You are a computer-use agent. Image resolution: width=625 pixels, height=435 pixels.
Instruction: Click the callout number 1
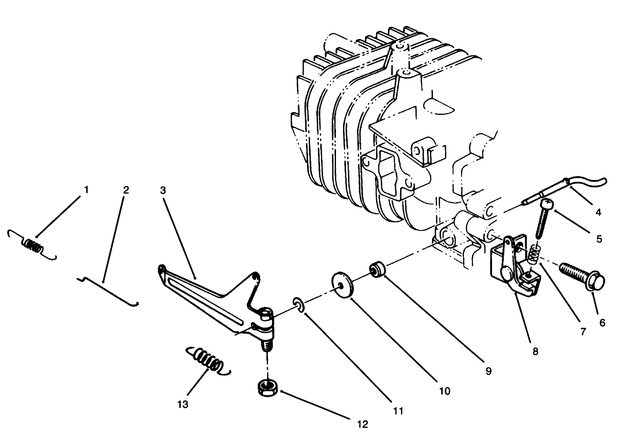(x=86, y=190)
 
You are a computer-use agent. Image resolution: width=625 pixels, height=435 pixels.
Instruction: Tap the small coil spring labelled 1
(x=32, y=245)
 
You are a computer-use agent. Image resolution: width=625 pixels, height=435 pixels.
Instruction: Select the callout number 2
(x=126, y=190)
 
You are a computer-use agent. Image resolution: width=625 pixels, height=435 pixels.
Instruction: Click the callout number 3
(x=163, y=190)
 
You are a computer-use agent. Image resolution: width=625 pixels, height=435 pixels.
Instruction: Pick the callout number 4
(x=598, y=212)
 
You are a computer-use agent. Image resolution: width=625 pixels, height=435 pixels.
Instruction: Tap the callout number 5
(x=599, y=239)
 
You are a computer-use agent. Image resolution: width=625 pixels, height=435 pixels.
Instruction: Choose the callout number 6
(x=602, y=323)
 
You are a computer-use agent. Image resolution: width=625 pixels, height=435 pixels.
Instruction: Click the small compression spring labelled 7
(x=534, y=254)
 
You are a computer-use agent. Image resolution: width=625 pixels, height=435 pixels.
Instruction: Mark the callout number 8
(x=535, y=352)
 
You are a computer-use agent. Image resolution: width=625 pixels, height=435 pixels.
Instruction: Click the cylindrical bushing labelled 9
(x=378, y=269)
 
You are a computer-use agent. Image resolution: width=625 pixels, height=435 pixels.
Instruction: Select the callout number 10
(x=445, y=391)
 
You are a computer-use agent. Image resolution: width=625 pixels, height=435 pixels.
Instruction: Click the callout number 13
(x=183, y=404)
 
